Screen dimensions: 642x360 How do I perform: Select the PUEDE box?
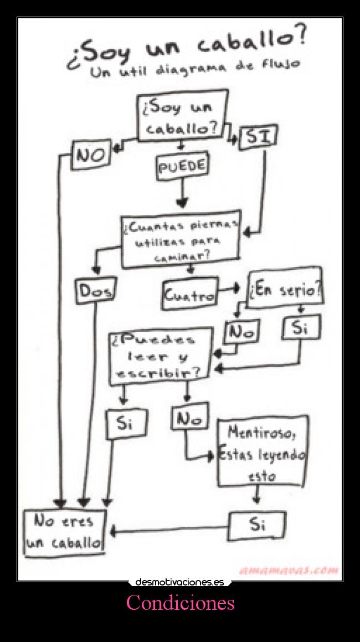(182, 167)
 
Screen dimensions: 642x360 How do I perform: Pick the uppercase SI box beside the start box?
(258, 137)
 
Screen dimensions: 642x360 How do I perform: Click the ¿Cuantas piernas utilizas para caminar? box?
(181, 239)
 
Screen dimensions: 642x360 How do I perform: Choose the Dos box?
(95, 291)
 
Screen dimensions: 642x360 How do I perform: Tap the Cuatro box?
(190, 294)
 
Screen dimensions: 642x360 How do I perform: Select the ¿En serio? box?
(285, 289)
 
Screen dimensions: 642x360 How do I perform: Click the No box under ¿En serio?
(241, 332)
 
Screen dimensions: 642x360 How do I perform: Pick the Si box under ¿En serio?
(300, 327)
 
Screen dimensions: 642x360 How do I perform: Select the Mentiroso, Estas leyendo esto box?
(262, 452)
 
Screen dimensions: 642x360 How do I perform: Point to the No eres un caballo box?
(64, 532)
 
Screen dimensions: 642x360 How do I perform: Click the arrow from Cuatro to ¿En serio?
(230, 289)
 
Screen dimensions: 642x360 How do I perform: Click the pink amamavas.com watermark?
(289, 570)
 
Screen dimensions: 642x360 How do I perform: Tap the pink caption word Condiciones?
(180, 603)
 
